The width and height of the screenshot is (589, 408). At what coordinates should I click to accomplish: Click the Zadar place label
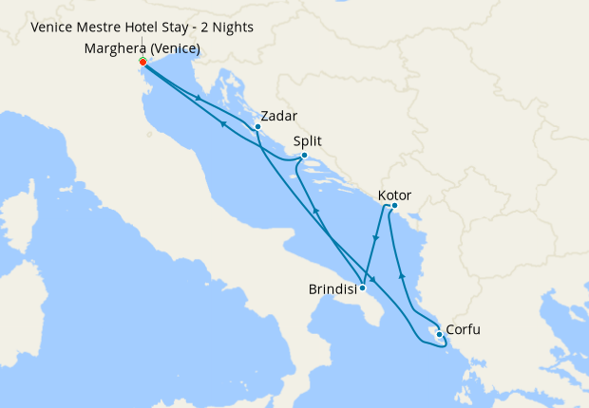[278, 116]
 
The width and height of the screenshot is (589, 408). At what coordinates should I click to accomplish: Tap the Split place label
[308, 141]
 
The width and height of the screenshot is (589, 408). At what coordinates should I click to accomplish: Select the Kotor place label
[394, 196]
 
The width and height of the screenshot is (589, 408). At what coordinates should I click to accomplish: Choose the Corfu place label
[463, 330]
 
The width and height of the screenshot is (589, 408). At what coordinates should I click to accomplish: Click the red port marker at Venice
[142, 63]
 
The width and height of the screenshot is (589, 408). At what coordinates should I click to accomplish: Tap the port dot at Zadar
[257, 127]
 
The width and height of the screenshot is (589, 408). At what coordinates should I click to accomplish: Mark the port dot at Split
[304, 156]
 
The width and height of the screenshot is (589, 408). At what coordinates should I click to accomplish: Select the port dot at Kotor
[394, 207]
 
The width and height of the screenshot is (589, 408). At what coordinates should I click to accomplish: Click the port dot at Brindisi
[363, 287]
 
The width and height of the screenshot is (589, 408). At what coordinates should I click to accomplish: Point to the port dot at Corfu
[438, 333]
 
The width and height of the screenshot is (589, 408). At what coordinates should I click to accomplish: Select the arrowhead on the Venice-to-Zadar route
[198, 97]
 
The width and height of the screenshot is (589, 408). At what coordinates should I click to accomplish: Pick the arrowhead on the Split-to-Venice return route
[222, 122]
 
